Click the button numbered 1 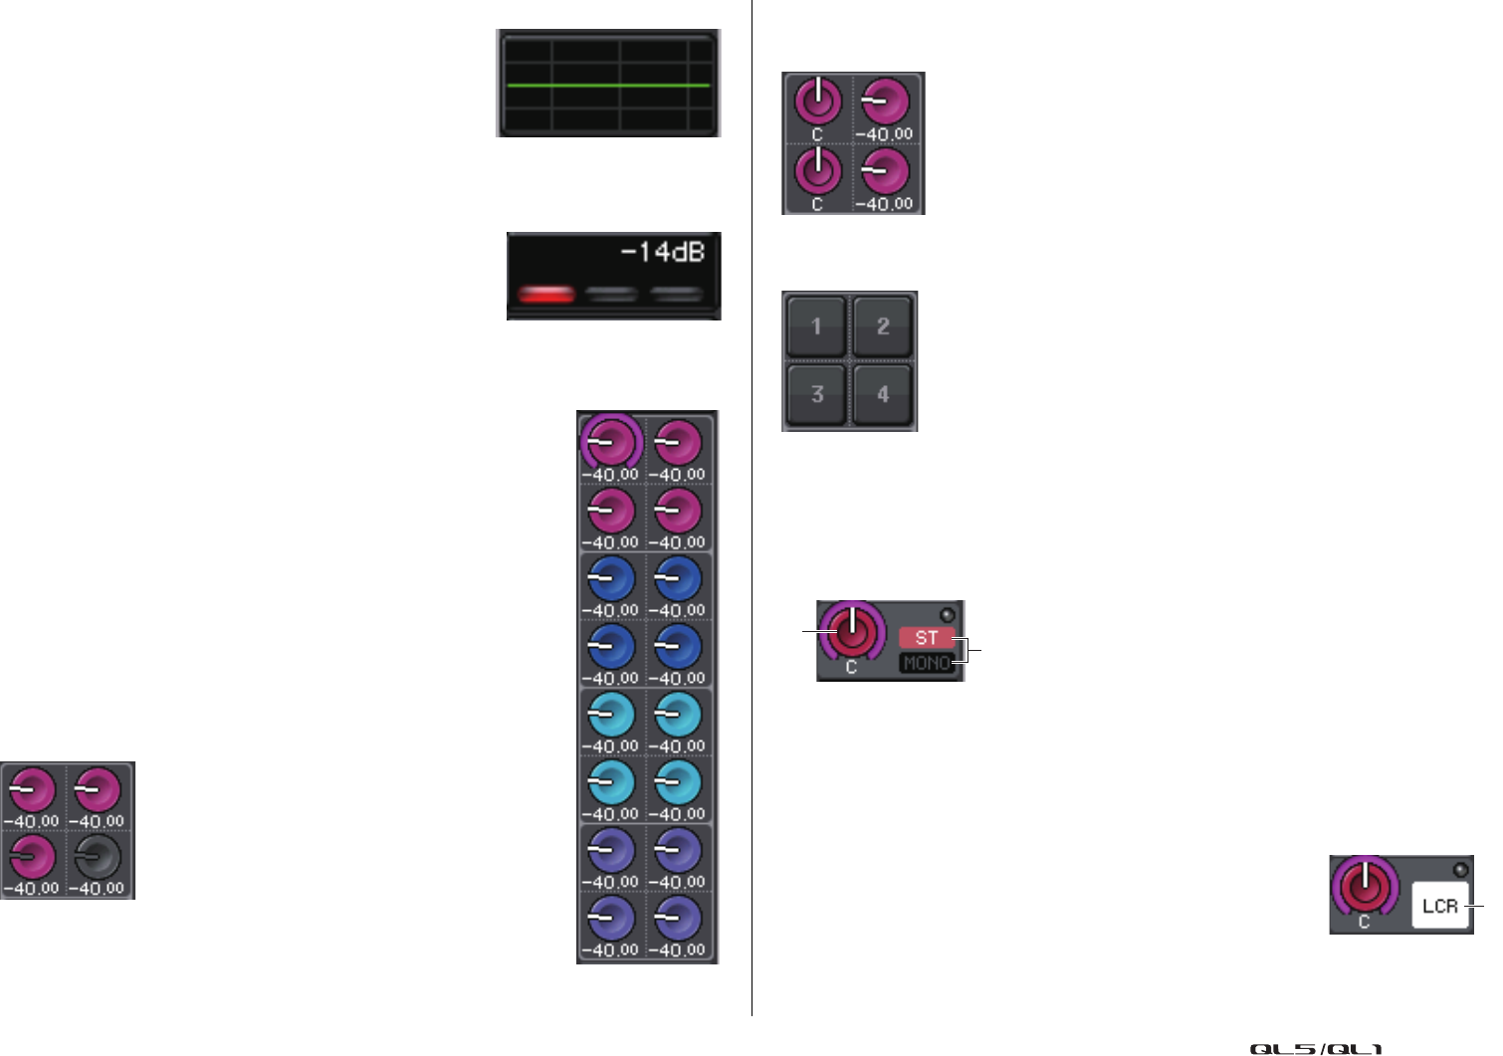816,326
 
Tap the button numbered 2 883,326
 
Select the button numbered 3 816,394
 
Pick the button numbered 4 883,394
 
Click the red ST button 927,638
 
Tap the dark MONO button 927,663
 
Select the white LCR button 1440,907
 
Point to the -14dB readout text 663,253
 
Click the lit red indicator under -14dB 546,294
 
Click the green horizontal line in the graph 608,86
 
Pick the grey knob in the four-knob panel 99,856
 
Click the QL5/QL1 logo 1316,1049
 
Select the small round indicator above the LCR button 1460,869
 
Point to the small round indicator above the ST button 947,615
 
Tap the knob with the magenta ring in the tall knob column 611,440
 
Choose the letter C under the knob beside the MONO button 851,668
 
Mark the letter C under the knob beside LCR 1365,923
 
